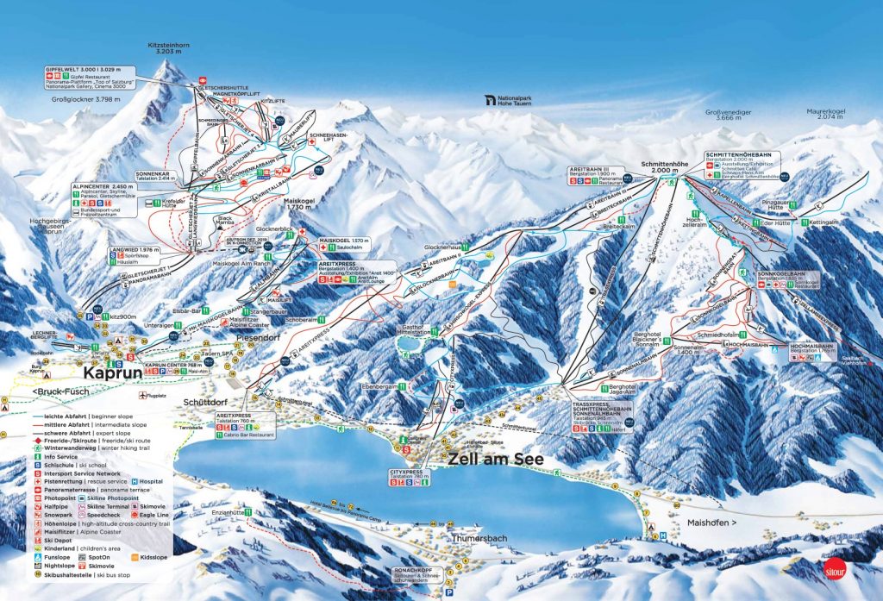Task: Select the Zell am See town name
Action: point(495,460)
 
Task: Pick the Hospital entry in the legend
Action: point(148,482)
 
